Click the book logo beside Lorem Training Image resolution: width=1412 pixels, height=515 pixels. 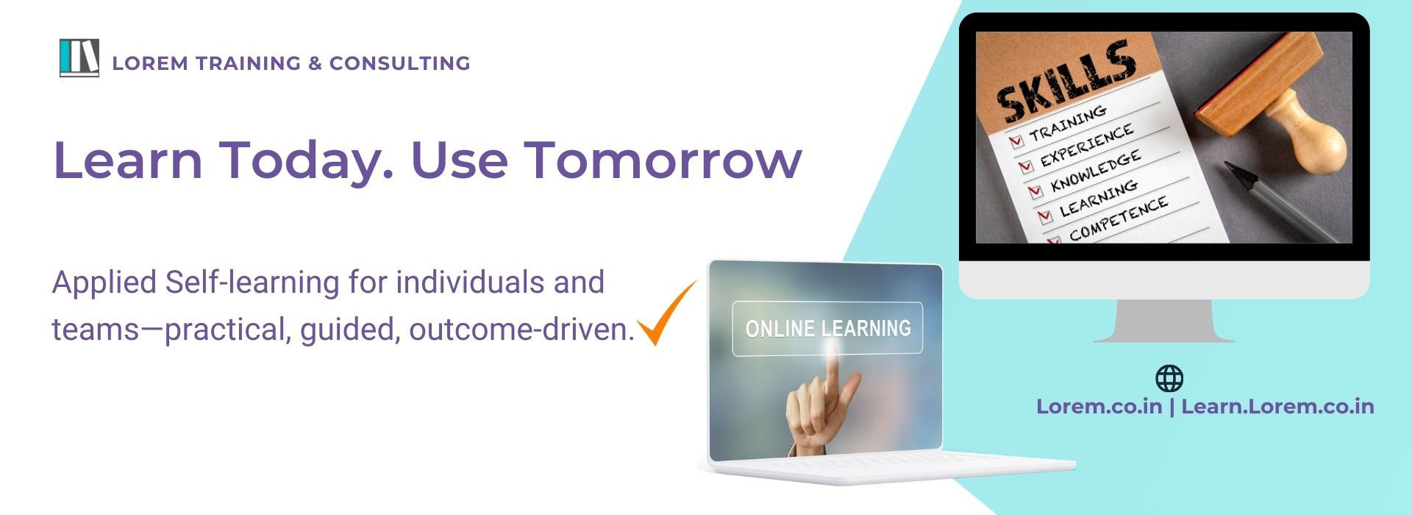coord(79,58)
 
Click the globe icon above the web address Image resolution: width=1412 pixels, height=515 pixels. coord(1169,378)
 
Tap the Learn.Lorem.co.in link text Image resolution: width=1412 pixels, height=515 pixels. coord(1277,407)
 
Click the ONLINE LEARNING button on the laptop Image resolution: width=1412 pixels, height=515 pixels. coord(827,329)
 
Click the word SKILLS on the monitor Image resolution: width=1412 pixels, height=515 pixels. coord(1066,81)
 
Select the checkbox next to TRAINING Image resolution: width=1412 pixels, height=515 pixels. coord(1017,140)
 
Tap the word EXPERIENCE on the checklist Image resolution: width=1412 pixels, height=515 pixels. coord(1086,146)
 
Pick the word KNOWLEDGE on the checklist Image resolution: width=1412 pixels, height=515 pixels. coord(1096,171)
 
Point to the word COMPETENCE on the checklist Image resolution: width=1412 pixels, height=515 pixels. coord(1118,219)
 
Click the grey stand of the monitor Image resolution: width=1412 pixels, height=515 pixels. coord(1164,321)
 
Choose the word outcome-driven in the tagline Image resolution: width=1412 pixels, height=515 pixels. coord(521,330)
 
